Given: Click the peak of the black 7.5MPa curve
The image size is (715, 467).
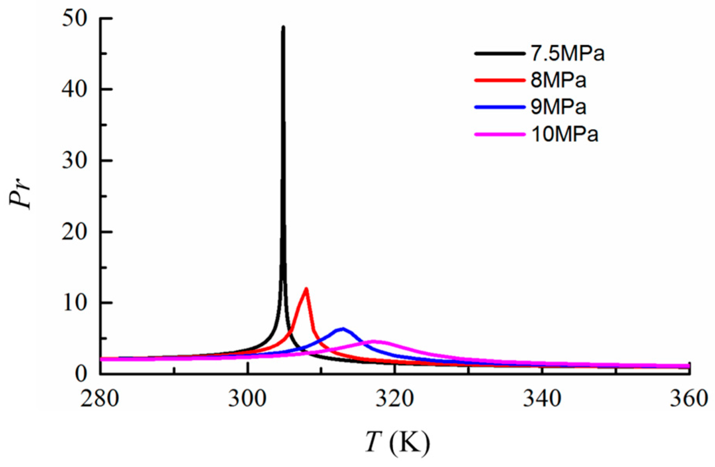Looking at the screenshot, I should pyautogui.click(x=283, y=27).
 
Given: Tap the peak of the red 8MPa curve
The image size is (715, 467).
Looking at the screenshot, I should pyautogui.click(x=306, y=289).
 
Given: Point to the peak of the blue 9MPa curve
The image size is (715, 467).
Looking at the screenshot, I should pyautogui.click(x=343, y=329).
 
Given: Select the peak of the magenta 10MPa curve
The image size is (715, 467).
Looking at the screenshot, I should pyautogui.click(x=375, y=341).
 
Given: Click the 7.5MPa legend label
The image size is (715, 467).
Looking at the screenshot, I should pyautogui.click(x=567, y=54).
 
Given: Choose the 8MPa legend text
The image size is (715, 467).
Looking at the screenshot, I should pyautogui.click(x=558, y=80).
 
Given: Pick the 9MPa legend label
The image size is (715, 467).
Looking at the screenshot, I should pyautogui.click(x=558, y=107).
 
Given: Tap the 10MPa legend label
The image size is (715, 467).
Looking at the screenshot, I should pyautogui.click(x=564, y=134).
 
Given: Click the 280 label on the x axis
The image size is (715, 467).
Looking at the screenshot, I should pyautogui.click(x=100, y=399).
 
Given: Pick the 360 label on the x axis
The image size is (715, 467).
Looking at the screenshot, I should pyautogui.click(x=689, y=399).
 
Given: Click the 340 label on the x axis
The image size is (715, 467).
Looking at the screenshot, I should pyautogui.click(x=542, y=399).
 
